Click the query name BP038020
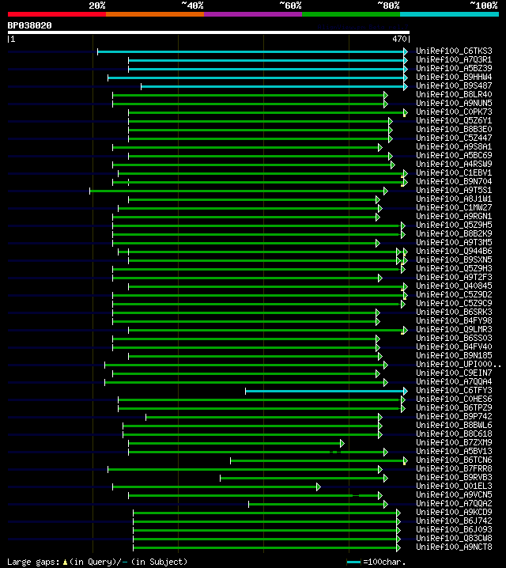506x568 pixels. pos(30,25)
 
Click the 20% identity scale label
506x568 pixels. pos(96,6)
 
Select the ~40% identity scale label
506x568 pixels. pos(192,6)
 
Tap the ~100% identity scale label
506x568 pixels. pos(483,6)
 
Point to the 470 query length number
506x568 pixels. pos(399,38)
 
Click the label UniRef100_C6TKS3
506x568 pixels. pos(453,51)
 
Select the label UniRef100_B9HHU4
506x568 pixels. pos(453,78)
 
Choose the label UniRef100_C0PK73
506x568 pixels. pos(453,112)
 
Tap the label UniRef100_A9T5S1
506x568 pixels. pos(453,191)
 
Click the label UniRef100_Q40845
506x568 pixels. pos(453,286)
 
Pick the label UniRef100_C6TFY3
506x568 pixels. pos(453,391)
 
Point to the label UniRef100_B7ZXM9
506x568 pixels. pos(453,443)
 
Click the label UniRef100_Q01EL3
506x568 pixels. pos(453,487)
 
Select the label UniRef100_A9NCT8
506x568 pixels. pos(453,547)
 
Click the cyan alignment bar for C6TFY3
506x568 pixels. pos(325,391)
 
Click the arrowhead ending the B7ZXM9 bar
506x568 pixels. pos(342,443)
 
